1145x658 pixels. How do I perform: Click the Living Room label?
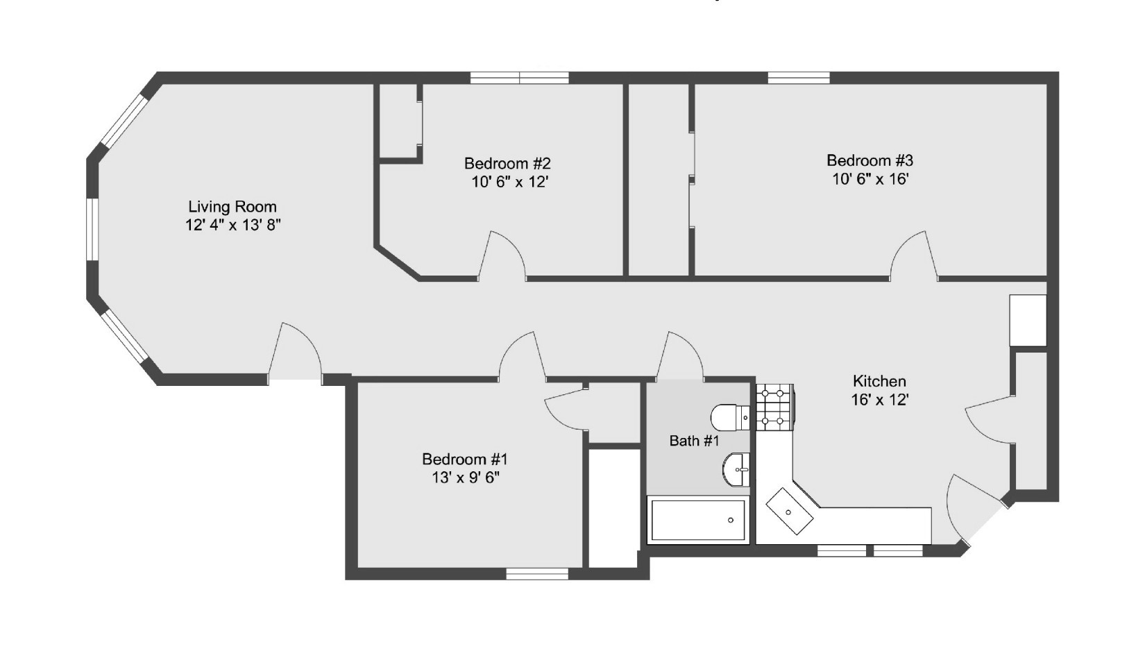point(232,207)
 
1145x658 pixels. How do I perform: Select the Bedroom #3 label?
point(870,160)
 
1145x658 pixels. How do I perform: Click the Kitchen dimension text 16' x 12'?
point(879,400)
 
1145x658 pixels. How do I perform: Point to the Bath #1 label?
point(694,441)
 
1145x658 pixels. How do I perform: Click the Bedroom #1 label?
point(465,459)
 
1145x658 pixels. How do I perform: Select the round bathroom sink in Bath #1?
point(736,469)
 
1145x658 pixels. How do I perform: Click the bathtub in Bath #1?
point(698,521)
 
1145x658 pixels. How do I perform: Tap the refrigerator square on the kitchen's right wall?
point(1027,321)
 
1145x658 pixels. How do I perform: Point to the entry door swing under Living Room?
point(295,354)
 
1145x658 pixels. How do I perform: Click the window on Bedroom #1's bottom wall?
point(536,574)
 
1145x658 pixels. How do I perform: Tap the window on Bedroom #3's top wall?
point(798,78)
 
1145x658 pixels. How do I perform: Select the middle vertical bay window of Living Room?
point(92,230)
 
